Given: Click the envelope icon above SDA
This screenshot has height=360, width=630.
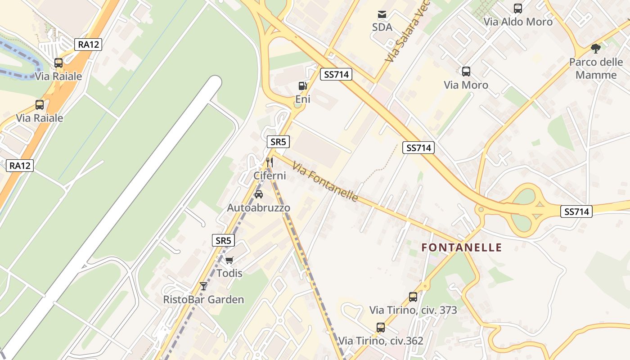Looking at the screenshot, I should pos(382,14).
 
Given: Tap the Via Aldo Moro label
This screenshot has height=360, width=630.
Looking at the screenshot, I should pos(518,22).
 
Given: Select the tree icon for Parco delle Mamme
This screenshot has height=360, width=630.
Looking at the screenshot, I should pos(596,49).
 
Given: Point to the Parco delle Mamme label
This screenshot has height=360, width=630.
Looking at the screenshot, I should pos(596,68).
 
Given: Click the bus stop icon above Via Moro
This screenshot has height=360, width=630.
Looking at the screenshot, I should pos(466,72).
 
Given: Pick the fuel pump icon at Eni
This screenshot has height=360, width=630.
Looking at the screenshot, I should pos(303,86).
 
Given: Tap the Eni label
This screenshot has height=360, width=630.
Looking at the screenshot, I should pos(303,99).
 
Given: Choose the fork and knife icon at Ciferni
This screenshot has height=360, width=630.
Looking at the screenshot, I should pos(270,162).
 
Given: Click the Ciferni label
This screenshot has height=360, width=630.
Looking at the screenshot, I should pos(270,175).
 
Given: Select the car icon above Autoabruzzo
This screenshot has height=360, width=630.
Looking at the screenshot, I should pos(259,194).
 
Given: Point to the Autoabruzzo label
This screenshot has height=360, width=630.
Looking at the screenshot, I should pos(259,208).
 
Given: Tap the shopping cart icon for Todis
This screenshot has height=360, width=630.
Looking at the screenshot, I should pos(229,260).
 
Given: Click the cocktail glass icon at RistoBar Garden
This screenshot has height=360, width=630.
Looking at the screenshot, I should pos(203,286).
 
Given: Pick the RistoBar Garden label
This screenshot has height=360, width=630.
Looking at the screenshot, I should pos(203,300).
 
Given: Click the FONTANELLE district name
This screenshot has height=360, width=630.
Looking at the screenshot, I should pos(462,247).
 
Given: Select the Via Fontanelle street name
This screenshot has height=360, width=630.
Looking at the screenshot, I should pos(325,182).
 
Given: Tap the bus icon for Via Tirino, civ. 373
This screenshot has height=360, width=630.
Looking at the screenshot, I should pos(413,297).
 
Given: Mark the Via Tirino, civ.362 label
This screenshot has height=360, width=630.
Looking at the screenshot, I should pos(381,341).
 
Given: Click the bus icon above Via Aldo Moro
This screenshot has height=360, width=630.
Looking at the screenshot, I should pos(518,9).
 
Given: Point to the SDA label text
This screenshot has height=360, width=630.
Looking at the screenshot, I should pos(382,27).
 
